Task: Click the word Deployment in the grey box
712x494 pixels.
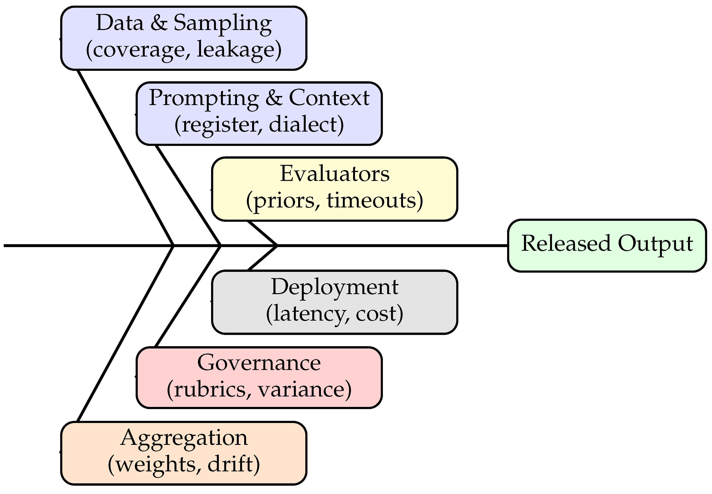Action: point(335,287)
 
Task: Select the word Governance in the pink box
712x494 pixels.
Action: point(259,363)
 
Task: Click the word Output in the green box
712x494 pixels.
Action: point(655,244)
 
